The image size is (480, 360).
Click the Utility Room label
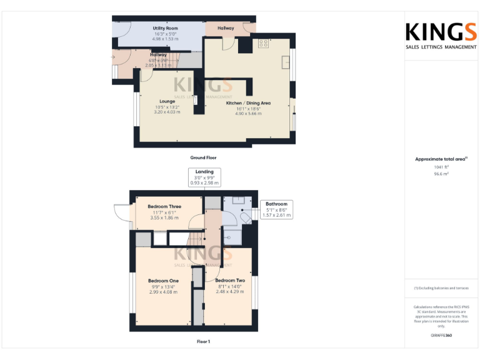coord(165,28)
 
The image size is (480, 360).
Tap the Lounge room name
coord(167,101)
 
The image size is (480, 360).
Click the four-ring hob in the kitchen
coord(263,44)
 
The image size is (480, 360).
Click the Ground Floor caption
coord(203,158)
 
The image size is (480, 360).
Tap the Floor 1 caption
coord(203,341)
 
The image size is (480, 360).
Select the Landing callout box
coord(204,177)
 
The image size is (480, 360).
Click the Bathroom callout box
coord(276,209)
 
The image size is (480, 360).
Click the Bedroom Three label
coord(164,206)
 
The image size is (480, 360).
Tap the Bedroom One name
coord(163,281)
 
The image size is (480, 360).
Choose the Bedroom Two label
coord(229,281)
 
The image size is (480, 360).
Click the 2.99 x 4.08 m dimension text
coord(163,292)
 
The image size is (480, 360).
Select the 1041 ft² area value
coord(441,167)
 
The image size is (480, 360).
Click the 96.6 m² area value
coord(441,174)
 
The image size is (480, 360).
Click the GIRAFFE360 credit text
coord(441,336)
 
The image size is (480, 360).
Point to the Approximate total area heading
coord(441,159)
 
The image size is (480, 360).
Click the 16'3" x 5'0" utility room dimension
coord(165,34)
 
